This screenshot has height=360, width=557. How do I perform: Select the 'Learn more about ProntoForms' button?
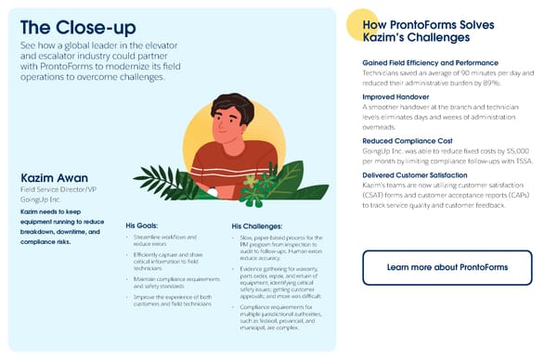(447, 267)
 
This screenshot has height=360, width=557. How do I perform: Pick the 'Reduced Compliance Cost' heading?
(406, 140)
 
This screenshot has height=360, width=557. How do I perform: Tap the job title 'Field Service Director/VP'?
(58, 189)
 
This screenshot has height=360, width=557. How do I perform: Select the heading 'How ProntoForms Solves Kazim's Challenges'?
(416, 32)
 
